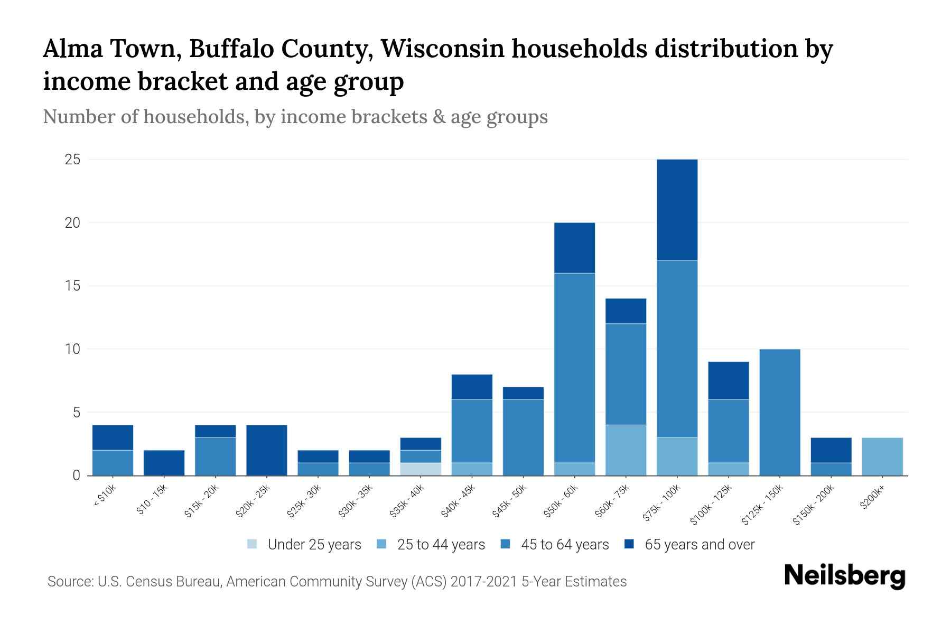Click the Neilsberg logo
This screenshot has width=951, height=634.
click(x=844, y=576)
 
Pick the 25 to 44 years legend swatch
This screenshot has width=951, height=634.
click(x=382, y=544)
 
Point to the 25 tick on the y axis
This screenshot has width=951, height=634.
click(x=72, y=160)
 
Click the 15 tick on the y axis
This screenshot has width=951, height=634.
click(x=72, y=286)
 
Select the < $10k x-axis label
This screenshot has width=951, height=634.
click(x=106, y=497)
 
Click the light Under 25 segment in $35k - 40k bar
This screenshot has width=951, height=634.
click(x=421, y=469)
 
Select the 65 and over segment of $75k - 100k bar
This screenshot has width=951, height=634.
click(x=677, y=210)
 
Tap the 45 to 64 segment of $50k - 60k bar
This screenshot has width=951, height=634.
click(x=574, y=367)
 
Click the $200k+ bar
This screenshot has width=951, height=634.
click(x=882, y=456)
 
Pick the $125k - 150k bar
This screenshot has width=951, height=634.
click(x=779, y=412)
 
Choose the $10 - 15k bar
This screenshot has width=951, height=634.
click(x=164, y=463)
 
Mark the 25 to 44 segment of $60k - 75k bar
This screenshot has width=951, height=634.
click(x=626, y=450)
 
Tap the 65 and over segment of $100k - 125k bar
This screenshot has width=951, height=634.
click(x=728, y=380)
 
